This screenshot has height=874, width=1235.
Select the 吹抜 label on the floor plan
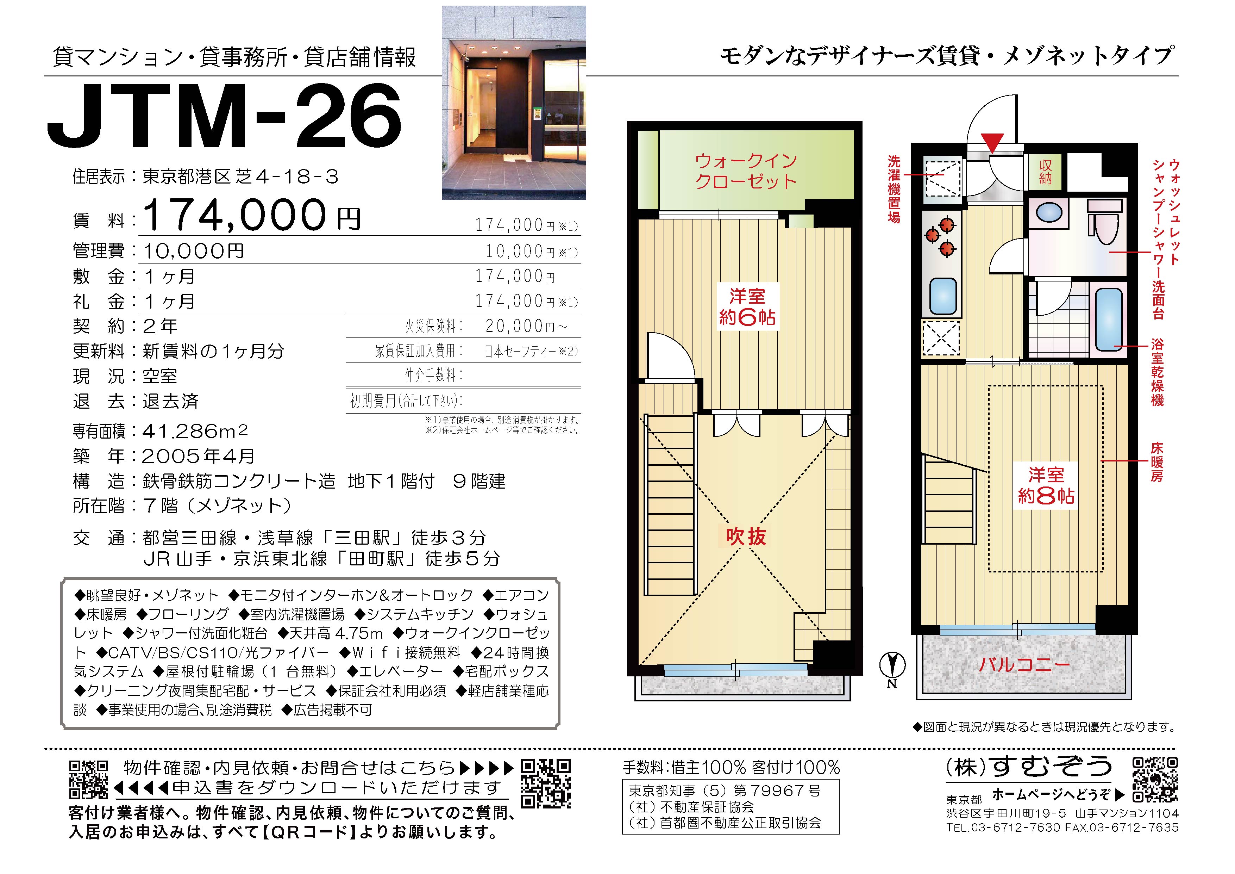click(x=746, y=536)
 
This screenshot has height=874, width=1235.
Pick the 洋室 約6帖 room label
click(x=747, y=307)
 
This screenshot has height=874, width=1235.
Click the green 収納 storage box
click(x=1045, y=172)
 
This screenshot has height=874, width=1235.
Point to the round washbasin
click(x=1048, y=212)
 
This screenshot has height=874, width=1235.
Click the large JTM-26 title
click(x=224, y=117)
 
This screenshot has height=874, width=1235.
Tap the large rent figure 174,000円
click(x=252, y=215)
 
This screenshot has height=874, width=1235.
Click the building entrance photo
click(x=514, y=103)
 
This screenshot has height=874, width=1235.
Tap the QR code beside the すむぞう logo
click(x=1155, y=780)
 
